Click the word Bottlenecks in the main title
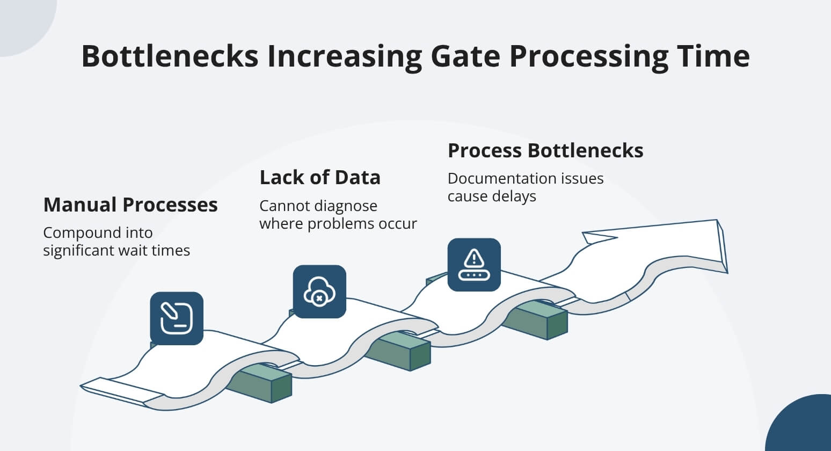click(x=170, y=56)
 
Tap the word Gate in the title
click(x=465, y=56)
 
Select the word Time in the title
click(x=713, y=56)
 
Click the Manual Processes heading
click(x=130, y=205)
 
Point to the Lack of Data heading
click(x=320, y=178)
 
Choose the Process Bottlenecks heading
click(x=545, y=151)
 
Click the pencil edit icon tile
click(x=177, y=318)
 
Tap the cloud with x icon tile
click(x=319, y=292)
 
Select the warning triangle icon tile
click(x=474, y=265)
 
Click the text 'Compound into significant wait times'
click(x=116, y=242)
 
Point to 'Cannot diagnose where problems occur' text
click(x=338, y=215)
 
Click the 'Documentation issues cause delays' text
click(x=525, y=187)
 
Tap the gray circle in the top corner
click(x=24, y=21)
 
